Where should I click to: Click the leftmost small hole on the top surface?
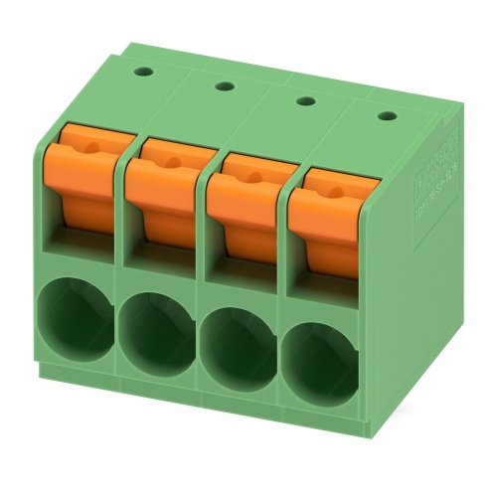coord(145,71)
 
